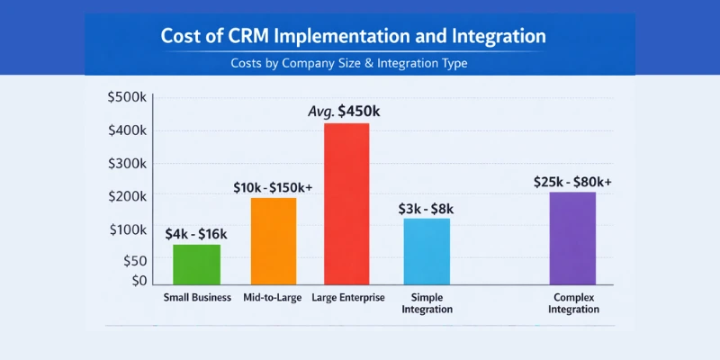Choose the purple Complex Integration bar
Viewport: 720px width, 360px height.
(x=572, y=239)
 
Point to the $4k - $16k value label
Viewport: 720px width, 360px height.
(x=196, y=234)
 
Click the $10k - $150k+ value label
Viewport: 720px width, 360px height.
(x=274, y=186)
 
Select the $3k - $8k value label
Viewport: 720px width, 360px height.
(x=426, y=209)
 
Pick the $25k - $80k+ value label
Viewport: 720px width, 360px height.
(x=572, y=182)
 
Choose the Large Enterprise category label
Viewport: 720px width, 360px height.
(x=348, y=297)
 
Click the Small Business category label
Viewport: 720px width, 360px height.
(x=197, y=297)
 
